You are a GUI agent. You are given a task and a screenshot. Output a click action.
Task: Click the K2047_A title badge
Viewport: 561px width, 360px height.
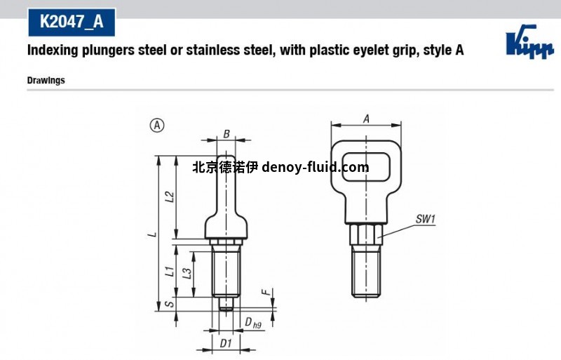click(x=71, y=22)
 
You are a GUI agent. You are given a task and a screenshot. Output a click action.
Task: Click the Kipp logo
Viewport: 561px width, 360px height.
click(x=525, y=43)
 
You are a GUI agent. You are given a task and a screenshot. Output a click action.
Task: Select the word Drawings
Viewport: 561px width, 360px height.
click(x=46, y=80)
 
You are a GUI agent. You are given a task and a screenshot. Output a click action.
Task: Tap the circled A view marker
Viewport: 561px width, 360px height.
click(x=157, y=126)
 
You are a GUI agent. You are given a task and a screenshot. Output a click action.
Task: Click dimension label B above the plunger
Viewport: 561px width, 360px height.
click(x=226, y=134)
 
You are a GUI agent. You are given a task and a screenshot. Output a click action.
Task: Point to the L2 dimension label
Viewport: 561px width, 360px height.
click(x=169, y=197)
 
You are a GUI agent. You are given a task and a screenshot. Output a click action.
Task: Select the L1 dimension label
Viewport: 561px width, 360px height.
click(x=169, y=270)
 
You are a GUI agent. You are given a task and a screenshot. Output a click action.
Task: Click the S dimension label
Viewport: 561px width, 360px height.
click(x=169, y=304)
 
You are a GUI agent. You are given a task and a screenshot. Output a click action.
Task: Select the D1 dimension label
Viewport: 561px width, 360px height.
click(x=226, y=343)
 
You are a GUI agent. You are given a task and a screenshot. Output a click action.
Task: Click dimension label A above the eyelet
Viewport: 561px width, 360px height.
click(x=365, y=119)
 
